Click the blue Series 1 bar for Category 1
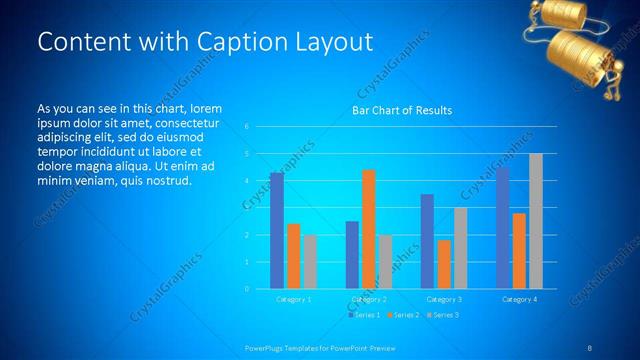[x=277, y=231]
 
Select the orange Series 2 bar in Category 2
[x=368, y=229]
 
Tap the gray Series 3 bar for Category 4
[x=536, y=221]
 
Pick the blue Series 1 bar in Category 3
[x=427, y=241]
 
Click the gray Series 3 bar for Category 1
[x=310, y=262]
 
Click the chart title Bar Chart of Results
[x=403, y=110]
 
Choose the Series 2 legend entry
[x=403, y=315]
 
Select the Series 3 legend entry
[x=443, y=315]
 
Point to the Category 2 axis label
[x=369, y=299]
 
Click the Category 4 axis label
[x=519, y=299]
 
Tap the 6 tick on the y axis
[x=247, y=127]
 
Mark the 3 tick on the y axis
[x=247, y=208]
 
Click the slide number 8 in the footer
[x=590, y=347]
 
